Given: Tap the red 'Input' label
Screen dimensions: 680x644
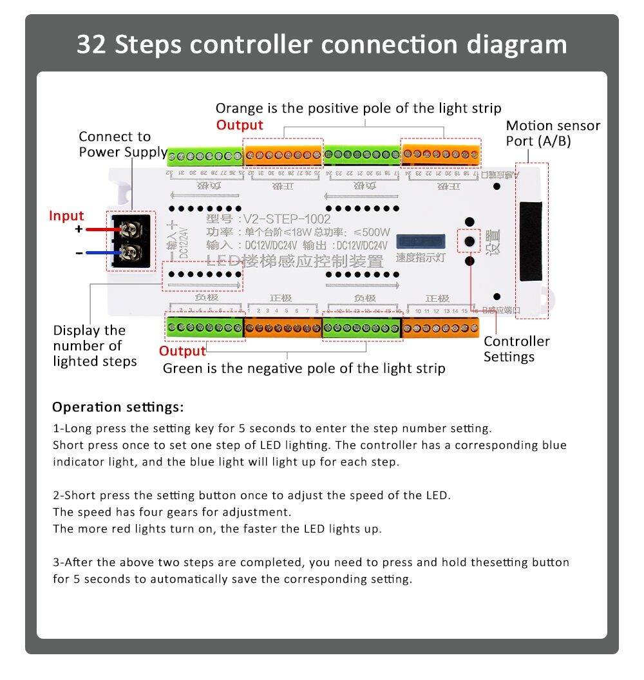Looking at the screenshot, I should (x=66, y=216).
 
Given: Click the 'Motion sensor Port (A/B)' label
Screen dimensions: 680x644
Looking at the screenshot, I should (x=553, y=133).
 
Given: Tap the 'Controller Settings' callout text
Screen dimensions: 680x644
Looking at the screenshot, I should (x=516, y=349).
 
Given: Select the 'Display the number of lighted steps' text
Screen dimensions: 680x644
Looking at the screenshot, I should (x=95, y=346).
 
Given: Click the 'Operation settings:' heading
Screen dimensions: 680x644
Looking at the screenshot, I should (x=118, y=407).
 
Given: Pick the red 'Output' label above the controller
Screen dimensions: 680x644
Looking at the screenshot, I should (x=240, y=125).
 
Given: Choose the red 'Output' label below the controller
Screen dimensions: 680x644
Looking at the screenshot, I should (x=182, y=351).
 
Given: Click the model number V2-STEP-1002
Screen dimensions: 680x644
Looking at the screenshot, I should (x=287, y=219).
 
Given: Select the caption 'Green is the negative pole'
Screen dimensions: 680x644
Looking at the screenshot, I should (x=303, y=368).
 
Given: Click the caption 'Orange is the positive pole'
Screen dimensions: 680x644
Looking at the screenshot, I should (x=358, y=108).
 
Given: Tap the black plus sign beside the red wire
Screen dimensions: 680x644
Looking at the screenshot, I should (x=79, y=229).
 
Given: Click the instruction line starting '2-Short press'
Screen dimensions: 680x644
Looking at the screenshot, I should (x=252, y=495).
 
